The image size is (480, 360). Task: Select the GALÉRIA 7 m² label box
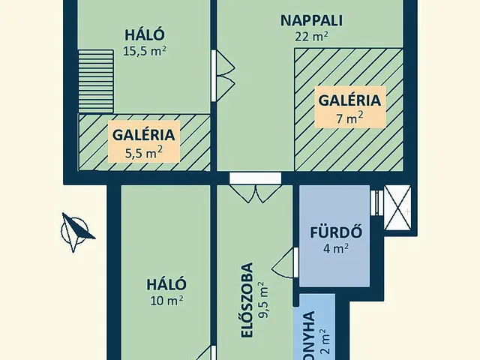coord(350,106)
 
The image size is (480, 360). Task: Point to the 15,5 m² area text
coord(144,52)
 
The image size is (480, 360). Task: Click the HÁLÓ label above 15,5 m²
coord(144,35)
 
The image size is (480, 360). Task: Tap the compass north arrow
coord(76,230)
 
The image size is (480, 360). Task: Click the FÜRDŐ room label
coord(335,231)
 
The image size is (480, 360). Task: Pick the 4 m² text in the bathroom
coord(335,248)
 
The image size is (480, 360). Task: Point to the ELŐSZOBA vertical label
coord(247,300)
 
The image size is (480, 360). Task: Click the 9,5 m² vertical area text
coord(262,300)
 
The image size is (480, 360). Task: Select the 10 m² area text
coord(167,301)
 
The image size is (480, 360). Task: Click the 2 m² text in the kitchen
coord(322,341)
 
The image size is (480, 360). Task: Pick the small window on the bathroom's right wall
coord(376,202)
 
